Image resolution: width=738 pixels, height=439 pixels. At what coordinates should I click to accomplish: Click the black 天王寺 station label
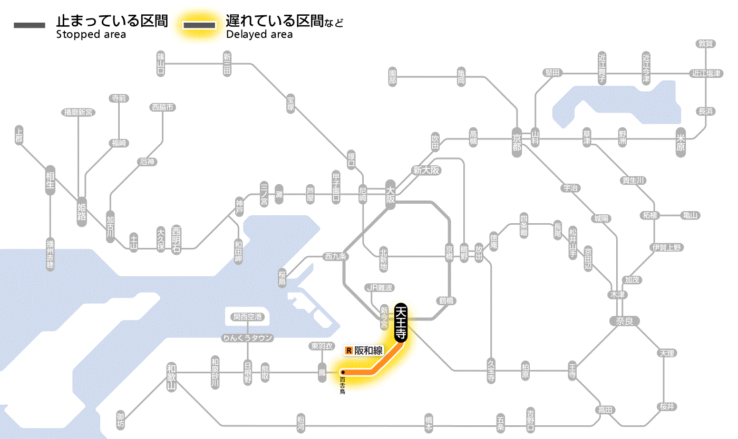(x=401, y=323)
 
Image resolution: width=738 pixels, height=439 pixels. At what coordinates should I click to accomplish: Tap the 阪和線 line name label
(x=368, y=351)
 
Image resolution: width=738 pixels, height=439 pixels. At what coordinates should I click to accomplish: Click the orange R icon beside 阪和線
(x=348, y=351)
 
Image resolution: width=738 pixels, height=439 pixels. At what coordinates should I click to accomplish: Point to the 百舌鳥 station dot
(x=343, y=372)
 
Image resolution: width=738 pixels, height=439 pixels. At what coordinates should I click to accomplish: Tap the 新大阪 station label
(x=426, y=171)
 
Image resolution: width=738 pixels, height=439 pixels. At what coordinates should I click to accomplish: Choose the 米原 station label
(x=681, y=143)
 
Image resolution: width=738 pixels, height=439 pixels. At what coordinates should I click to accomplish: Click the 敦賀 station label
(x=705, y=44)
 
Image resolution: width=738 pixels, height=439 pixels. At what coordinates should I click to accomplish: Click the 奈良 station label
(x=624, y=321)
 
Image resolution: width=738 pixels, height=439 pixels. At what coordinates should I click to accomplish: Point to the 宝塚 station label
(x=290, y=103)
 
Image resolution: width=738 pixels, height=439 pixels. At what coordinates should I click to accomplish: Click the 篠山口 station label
(x=161, y=63)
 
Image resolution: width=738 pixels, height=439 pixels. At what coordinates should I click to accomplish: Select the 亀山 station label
(x=690, y=215)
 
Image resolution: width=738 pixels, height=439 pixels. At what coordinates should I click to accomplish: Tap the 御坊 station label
(x=121, y=420)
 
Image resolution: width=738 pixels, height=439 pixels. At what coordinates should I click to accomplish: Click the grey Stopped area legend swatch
(x=30, y=25)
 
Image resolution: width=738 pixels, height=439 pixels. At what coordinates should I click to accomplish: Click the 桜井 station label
(x=667, y=407)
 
